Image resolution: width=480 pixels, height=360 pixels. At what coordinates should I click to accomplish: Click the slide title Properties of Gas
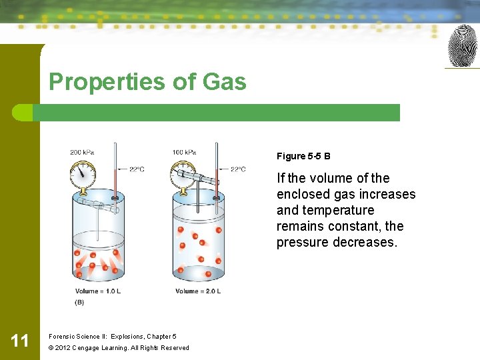point(147,82)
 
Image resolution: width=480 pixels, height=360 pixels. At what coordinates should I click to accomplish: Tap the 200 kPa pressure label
point(82,152)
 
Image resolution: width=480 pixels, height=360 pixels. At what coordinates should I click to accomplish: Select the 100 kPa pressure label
point(184,152)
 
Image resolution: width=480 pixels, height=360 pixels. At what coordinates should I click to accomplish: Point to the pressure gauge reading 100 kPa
point(183,177)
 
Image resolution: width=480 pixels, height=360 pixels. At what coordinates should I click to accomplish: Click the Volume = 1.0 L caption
point(98,291)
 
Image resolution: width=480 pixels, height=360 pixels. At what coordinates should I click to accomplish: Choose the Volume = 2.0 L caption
point(198,291)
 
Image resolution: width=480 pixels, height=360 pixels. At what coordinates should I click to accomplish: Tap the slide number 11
point(20,341)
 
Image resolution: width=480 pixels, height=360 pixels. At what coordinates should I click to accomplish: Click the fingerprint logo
point(463,46)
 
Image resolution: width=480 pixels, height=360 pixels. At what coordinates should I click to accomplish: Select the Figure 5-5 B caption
point(303,157)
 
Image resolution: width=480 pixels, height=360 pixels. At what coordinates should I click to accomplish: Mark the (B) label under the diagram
point(79,302)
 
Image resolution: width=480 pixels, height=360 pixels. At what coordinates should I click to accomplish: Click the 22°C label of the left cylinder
point(136,169)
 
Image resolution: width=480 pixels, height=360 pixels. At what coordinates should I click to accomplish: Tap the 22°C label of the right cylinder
point(238,169)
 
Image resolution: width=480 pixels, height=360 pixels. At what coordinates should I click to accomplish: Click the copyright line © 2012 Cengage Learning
point(119,347)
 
